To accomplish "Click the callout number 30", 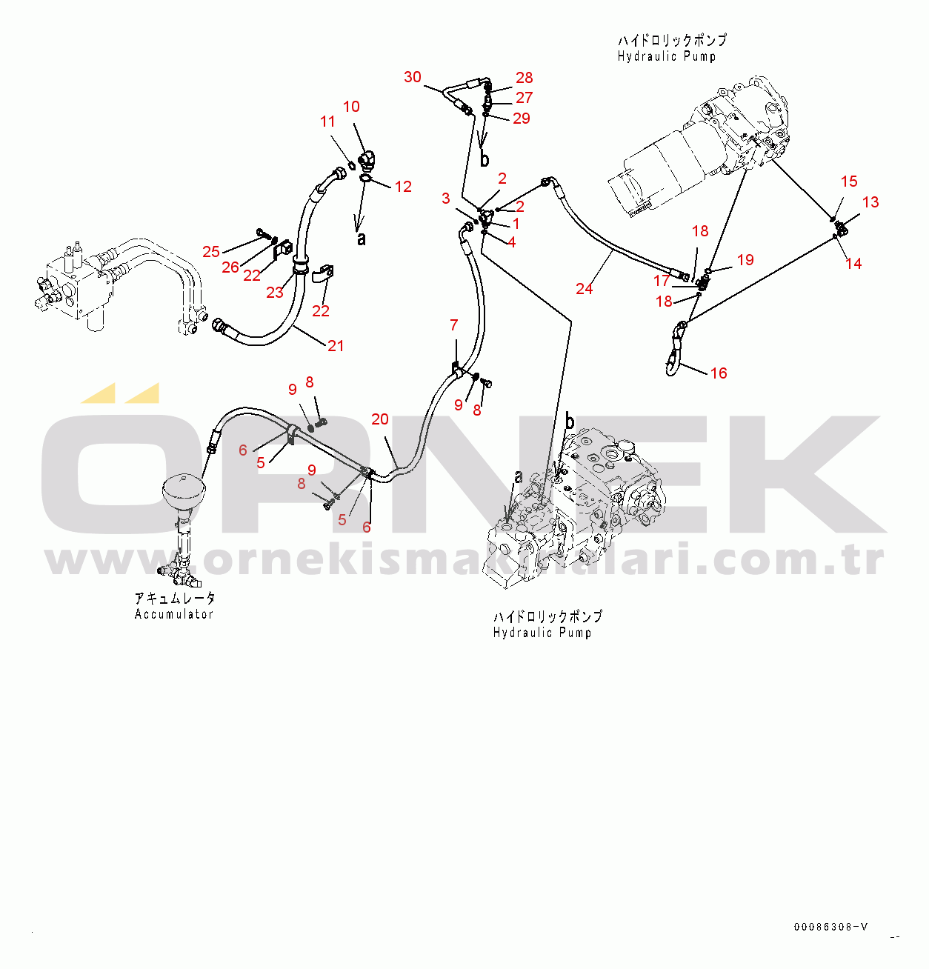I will pos(413,77).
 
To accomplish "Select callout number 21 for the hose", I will pos(336,346).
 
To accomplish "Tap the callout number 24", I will pos(584,289).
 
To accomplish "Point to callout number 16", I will pos(718,373).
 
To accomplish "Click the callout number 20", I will pos(379,419).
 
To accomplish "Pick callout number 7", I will pos(453,325).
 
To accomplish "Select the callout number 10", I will pos(351,107).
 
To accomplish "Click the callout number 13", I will pos(870,202).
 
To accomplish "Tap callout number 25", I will pos(211,252).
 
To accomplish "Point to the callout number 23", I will pos(275,293).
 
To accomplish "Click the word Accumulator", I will pos(174,614).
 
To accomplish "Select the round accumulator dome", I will pos(181,490).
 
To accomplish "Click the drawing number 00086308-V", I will pos(830,927).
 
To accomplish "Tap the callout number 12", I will pos(403,187).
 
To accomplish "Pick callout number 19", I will pos(745,260).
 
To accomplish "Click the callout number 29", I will pos(522,119).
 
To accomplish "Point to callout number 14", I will pos(853,264).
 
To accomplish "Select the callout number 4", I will pos(511,242).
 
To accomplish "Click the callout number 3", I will pos(445,199).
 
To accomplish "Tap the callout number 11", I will pos(327,121).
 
